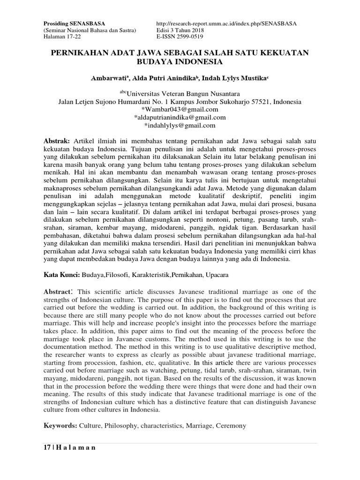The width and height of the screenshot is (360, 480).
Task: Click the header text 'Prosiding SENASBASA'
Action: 75,23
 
